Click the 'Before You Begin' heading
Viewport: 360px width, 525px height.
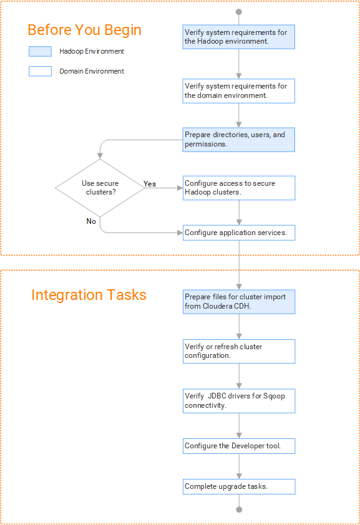[84, 30]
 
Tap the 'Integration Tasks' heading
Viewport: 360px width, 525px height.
[89, 295]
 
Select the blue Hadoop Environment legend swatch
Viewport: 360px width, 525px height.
[40, 51]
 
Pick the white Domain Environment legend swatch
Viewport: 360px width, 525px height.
[40, 71]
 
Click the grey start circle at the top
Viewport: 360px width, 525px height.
[239, 12]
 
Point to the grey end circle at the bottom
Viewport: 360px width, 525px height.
[239, 509]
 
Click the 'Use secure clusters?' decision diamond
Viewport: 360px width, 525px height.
[100, 188]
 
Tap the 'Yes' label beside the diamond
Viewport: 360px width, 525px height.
[150, 184]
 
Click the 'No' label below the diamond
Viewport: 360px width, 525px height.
[91, 221]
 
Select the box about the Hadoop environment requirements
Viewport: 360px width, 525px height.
[239, 37]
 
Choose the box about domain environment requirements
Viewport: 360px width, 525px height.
[239, 91]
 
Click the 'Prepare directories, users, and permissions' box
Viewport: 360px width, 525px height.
[239, 140]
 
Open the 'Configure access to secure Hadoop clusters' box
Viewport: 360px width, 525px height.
[239, 188]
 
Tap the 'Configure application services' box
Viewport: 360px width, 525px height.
[239, 233]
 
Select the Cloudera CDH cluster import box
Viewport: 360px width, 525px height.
[239, 302]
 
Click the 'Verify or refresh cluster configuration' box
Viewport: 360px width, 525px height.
[239, 351]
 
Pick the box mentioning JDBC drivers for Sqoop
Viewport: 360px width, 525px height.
[239, 401]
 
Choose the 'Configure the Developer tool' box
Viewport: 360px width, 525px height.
[239, 446]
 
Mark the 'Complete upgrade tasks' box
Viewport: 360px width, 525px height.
[239, 486]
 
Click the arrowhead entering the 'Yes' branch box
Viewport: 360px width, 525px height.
[180, 188]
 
